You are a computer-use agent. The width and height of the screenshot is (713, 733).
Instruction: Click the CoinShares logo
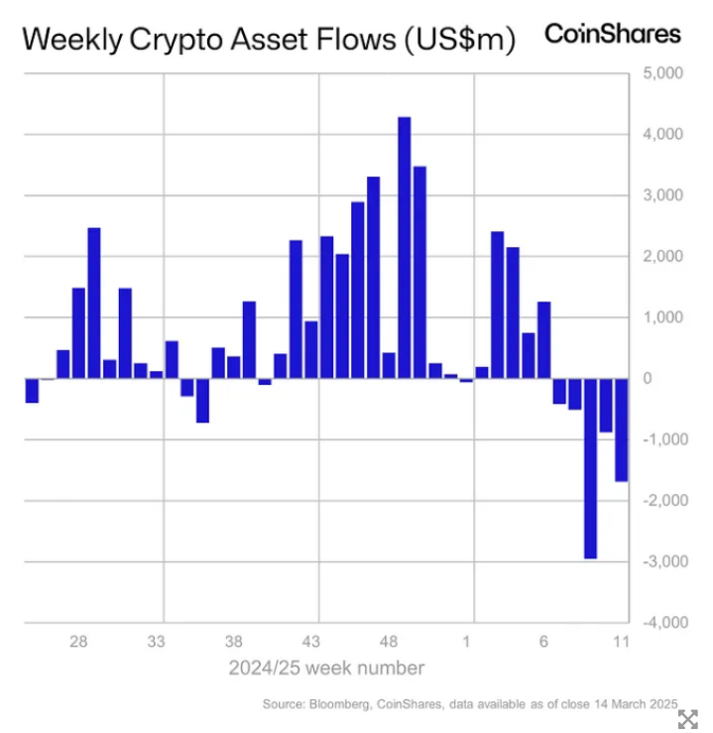pyautogui.click(x=613, y=34)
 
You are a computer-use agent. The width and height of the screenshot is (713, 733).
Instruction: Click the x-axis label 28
pyautogui.click(x=78, y=641)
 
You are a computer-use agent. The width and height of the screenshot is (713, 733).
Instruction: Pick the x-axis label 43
pyautogui.click(x=311, y=641)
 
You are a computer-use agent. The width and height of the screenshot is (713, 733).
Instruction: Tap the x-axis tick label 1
pyautogui.click(x=467, y=641)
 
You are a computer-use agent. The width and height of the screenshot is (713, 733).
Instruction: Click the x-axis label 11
pyautogui.click(x=622, y=641)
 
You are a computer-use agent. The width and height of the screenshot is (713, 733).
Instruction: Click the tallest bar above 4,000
pyautogui.click(x=404, y=248)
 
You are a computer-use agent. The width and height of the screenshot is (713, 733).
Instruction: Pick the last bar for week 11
pyautogui.click(x=622, y=429)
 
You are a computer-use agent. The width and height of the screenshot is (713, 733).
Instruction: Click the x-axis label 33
pyautogui.click(x=157, y=641)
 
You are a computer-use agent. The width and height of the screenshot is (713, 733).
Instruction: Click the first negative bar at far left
pyautogui.click(x=32, y=391)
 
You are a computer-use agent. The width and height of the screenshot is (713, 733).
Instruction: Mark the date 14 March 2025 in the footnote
pyautogui.click(x=620, y=704)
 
